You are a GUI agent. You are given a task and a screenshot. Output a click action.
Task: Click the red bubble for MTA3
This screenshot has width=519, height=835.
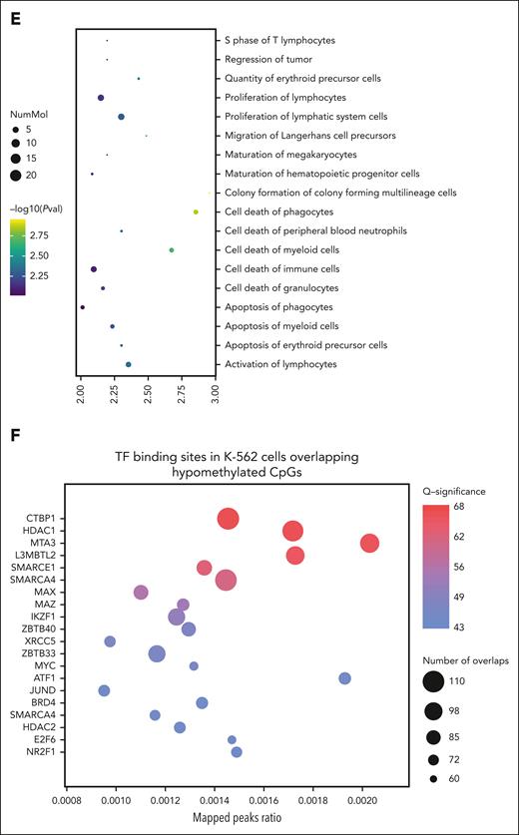pyautogui.click(x=369, y=543)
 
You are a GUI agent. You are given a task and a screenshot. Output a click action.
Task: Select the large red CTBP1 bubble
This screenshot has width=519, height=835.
pyautogui.click(x=228, y=519)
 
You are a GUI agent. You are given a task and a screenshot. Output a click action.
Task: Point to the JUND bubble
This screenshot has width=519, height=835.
pyautogui.click(x=104, y=690)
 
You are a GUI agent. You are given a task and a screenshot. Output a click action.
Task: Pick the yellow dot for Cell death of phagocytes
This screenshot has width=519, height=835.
pyautogui.click(x=196, y=211)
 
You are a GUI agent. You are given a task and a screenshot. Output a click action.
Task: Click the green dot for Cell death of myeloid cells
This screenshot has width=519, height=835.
pyautogui.click(x=172, y=250)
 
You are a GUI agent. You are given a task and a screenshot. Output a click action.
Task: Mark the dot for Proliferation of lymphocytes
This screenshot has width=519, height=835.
pyautogui.click(x=101, y=98)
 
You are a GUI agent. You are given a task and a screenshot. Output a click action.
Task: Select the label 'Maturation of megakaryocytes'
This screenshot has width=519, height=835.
pyautogui.click(x=287, y=155)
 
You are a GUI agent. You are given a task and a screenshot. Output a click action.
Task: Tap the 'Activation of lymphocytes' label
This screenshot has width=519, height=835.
pyautogui.click(x=280, y=364)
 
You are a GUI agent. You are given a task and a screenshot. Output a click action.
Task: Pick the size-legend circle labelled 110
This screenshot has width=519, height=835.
pyautogui.click(x=433, y=681)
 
